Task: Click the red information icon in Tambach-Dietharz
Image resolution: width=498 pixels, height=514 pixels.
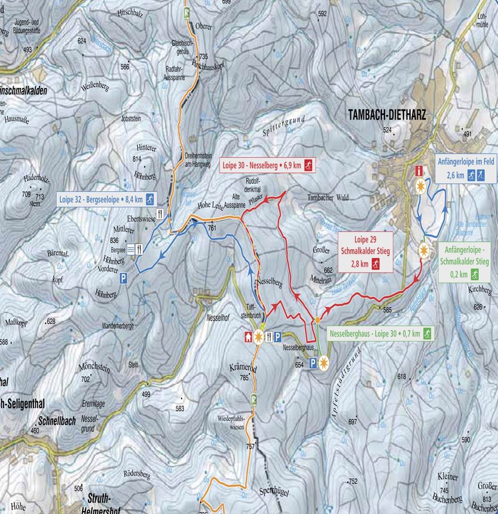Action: pos(419,171)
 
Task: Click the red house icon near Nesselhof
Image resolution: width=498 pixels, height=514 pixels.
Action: pos(248,336)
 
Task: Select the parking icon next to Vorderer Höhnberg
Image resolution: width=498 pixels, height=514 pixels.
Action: pos(124,278)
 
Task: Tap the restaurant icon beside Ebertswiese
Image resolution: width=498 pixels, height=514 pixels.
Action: pos(160,213)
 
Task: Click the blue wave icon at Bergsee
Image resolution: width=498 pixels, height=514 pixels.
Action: pos(130,251)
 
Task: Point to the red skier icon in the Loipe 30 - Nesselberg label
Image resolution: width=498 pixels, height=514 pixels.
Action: pos(308,165)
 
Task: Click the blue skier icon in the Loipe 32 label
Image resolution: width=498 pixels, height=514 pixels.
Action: pos(150,199)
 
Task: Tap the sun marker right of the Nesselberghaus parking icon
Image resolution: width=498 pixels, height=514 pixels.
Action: pos(325,362)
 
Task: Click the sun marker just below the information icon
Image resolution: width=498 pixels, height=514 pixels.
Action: pos(421,186)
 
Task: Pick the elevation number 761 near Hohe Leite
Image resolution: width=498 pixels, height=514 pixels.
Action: pos(212,227)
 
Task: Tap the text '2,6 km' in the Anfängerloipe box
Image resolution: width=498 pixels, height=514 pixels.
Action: pos(456,175)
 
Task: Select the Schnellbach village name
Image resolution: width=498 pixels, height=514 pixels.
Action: pos(56,421)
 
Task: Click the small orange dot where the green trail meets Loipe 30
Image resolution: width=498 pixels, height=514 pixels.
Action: pos(319,320)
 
